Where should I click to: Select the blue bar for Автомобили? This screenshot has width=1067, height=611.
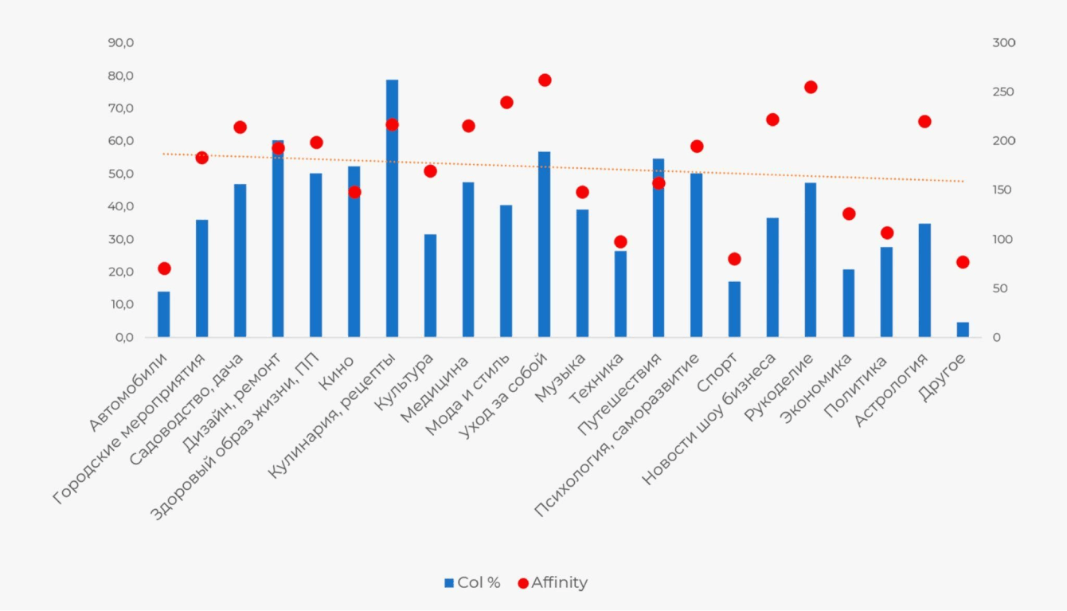(163, 315)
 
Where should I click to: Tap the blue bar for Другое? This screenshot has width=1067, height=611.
(963, 330)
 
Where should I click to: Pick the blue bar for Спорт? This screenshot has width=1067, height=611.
(734, 309)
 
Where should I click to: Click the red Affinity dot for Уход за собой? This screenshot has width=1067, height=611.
(545, 80)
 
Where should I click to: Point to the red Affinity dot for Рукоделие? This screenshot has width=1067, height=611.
(811, 88)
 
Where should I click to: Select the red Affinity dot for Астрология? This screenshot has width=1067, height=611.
(924, 122)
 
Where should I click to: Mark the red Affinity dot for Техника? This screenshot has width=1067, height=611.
(620, 242)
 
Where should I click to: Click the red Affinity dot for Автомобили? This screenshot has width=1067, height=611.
(164, 268)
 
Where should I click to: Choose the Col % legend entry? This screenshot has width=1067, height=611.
(472, 583)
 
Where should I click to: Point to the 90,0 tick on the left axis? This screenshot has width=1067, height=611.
(121, 43)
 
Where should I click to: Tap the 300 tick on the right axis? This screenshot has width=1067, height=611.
(1003, 43)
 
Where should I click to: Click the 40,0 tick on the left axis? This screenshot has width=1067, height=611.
(121, 206)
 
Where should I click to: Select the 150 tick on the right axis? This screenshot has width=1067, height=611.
(1003, 190)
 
